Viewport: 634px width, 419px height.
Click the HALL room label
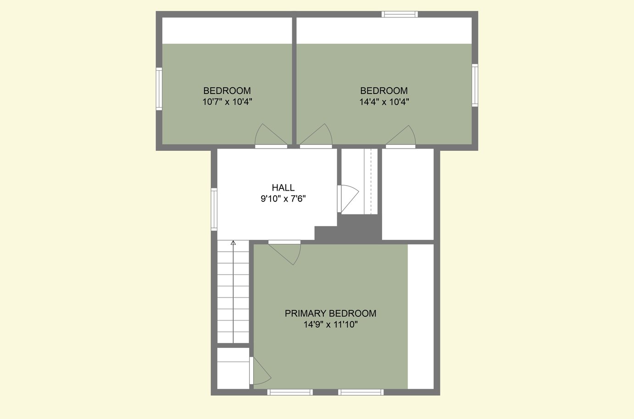(x=283, y=187)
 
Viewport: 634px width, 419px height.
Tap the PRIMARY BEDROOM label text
(x=330, y=314)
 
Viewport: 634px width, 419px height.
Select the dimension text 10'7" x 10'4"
(x=227, y=102)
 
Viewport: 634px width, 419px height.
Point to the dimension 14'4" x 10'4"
(x=384, y=102)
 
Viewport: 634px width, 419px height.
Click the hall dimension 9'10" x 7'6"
(x=283, y=198)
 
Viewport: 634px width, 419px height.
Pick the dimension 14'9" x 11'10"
(x=331, y=324)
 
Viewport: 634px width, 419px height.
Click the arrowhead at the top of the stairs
(x=233, y=243)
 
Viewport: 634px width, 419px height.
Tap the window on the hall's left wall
(x=214, y=209)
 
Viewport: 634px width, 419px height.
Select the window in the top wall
(x=400, y=14)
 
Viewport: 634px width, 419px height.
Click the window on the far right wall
(x=475, y=85)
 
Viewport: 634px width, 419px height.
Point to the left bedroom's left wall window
(x=159, y=89)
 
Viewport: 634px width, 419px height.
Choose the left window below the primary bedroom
(x=290, y=392)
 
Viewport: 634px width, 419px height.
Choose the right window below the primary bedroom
(x=361, y=392)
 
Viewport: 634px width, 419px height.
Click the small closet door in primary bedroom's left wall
(x=261, y=370)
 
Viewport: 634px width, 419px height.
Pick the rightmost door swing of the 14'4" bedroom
(x=401, y=137)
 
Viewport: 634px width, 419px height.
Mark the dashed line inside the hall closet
(x=371, y=182)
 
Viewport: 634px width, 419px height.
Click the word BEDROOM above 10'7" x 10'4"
(x=227, y=91)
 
